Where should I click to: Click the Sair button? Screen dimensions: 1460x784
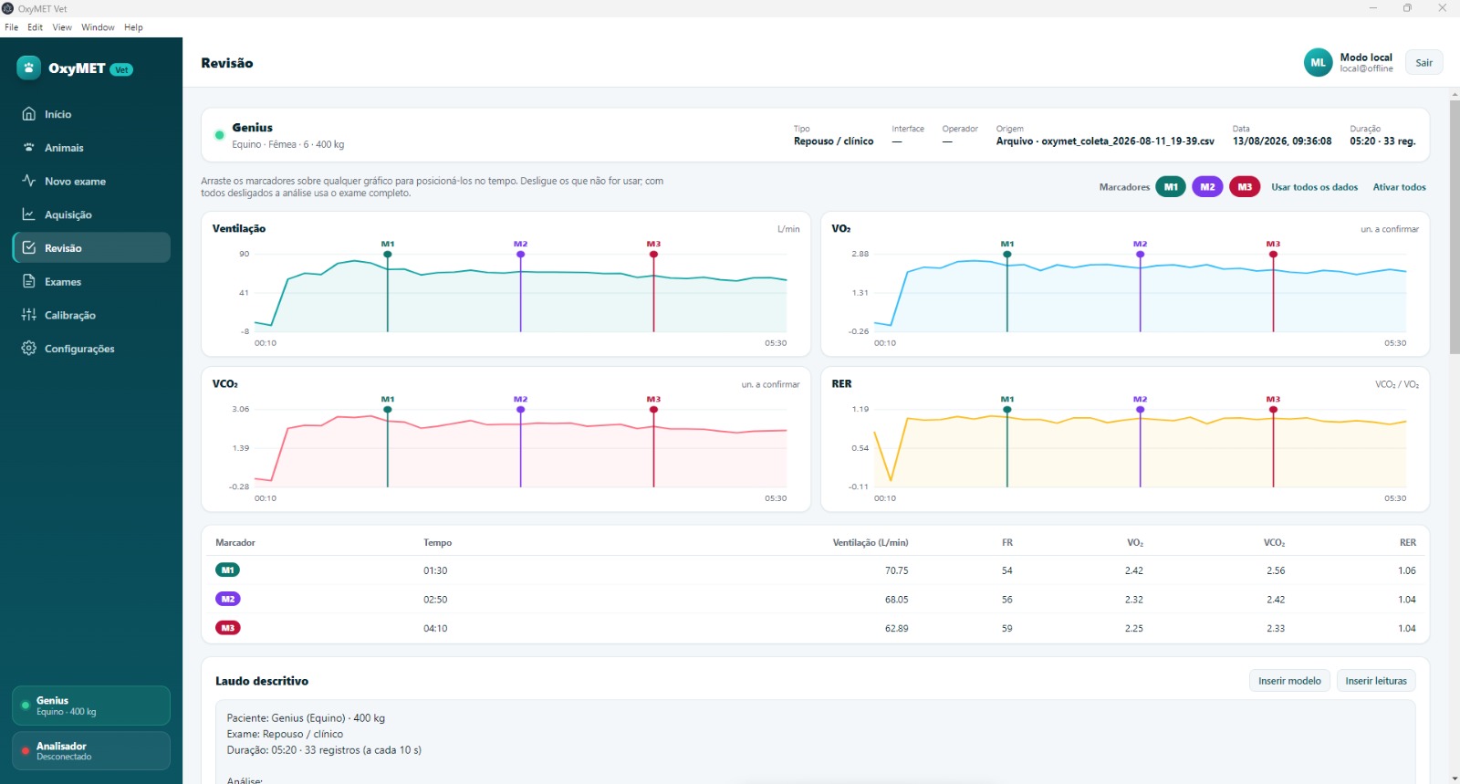coord(1423,63)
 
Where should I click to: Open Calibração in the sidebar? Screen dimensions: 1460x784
coord(69,315)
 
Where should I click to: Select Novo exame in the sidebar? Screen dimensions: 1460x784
coord(75,182)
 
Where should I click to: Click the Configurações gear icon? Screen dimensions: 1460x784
coord(28,348)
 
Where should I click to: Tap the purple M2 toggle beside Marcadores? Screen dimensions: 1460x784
coord(1207,187)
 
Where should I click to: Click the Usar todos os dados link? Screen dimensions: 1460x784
coord(1314,187)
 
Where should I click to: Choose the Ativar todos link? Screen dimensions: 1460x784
coord(1399,187)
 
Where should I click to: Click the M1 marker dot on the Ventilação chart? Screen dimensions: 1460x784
coord(388,254)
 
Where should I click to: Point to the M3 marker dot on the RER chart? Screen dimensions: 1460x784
coord(1273,410)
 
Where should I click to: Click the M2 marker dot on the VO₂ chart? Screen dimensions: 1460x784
coord(1140,254)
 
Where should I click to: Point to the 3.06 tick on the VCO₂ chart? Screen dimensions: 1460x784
coord(241,409)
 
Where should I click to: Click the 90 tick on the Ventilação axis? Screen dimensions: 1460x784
coord(244,254)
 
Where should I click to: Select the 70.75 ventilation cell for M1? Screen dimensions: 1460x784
coord(896,570)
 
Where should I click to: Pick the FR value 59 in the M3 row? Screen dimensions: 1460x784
coord(1007,628)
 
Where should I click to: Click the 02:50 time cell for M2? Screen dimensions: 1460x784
coord(435,599)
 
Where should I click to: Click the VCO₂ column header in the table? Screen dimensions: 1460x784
coord(1274,542)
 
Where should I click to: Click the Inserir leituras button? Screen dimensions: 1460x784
coord(1376,680)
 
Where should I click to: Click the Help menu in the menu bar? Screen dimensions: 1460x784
coord(133,27)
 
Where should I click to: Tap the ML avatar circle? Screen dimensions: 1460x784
coord(1318,63)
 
